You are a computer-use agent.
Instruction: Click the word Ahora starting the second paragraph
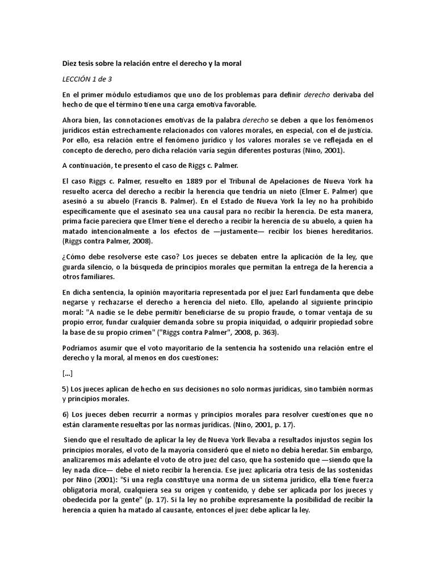73,120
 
